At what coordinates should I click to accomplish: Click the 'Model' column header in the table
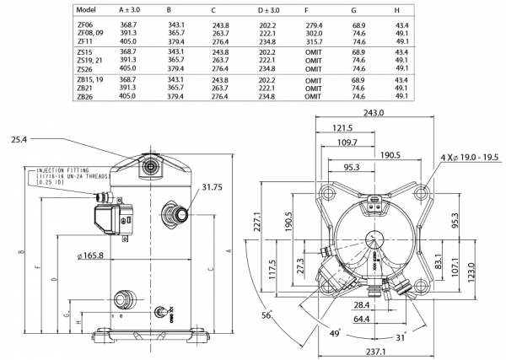tap(86, 9)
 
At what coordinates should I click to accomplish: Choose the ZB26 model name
tap(85, 96)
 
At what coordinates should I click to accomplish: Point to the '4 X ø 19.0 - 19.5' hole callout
tap(466, 158)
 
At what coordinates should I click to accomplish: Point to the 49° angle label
tap(334, 335)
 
